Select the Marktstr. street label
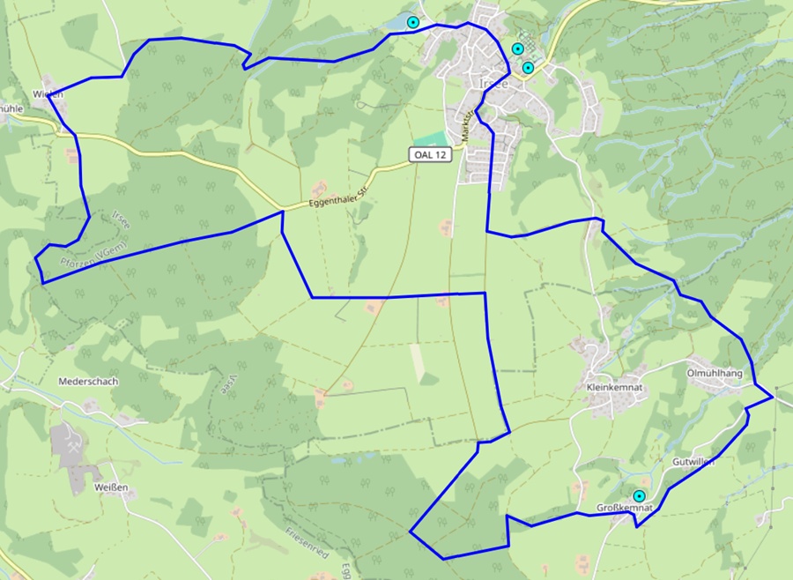(x=466, y=124)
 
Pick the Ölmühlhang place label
(x=715, y=373)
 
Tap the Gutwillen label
(x=693, y=462)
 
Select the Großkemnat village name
(x=624, y=509)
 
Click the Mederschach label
(x=87, y=382)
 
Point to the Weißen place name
(x=111, y=487)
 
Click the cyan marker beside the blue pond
(x=412, y=23)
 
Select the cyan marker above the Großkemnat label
(x=638, y=497)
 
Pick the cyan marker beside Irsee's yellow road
(x=528, y=68)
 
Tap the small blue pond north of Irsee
(x=401, y=19)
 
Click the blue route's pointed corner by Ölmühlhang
(x=773, y=397)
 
